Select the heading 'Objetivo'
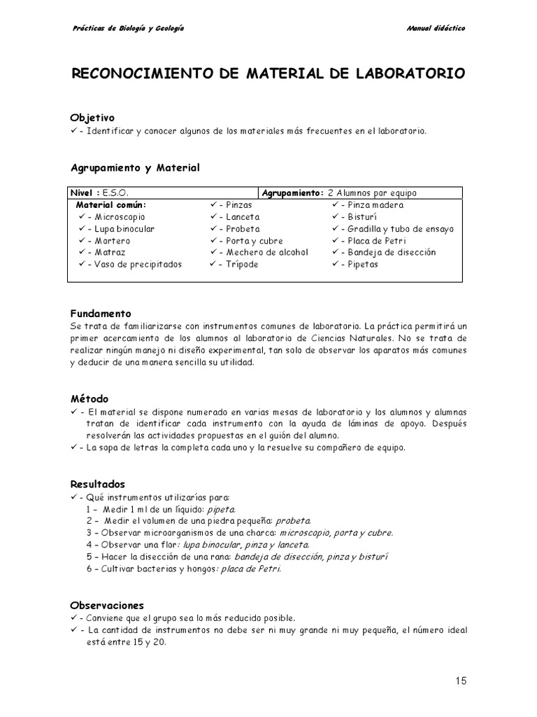pyautogui.click(x=92, y=118)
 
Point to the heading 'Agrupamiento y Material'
pyautogui.click(x=135, y=167)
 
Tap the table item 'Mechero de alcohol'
pyautogui.click(x=266, y=252)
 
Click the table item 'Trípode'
pyautogui.click(x=242, y=264)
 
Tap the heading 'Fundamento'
pyautogui.click(x=101, y=314)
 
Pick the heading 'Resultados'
pyautogui.click(x=98, y=484)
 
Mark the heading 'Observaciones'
pyautogui.click(x=107, y=605)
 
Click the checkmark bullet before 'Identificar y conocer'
pyautogui.click(x=74, y=131)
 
